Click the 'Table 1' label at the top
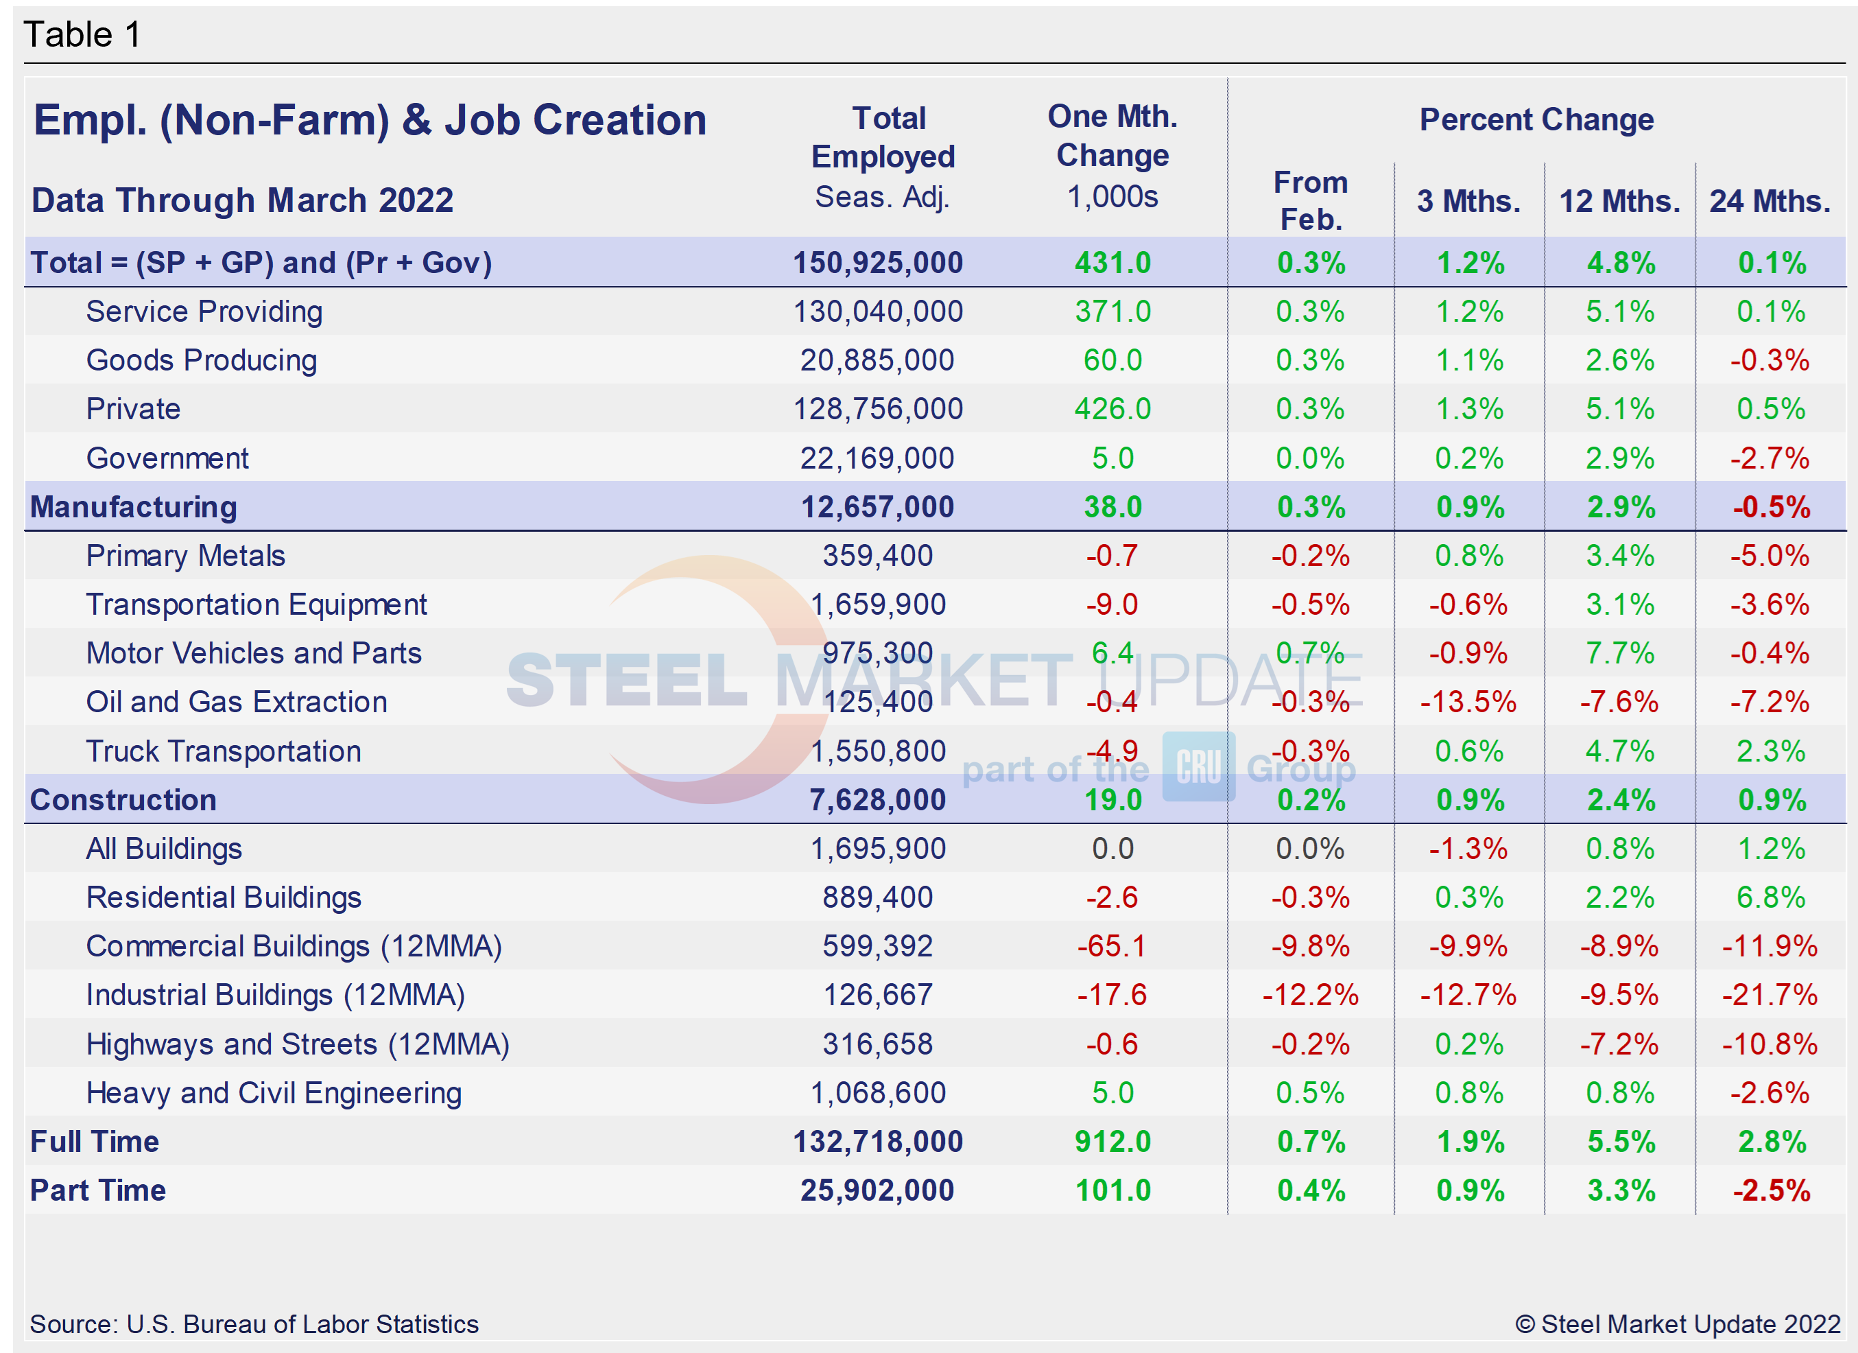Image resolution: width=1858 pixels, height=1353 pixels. [82, 34]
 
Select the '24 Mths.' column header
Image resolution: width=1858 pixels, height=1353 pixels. [1770, 201]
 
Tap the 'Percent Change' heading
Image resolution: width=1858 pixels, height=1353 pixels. [1536, 119]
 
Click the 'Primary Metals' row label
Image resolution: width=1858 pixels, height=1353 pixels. [185, 556]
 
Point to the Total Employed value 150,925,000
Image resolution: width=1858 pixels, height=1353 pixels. [877, 263]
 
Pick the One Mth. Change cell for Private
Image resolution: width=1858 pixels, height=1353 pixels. [1112, 409]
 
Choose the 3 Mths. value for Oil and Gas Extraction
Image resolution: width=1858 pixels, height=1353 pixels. [1468, 703]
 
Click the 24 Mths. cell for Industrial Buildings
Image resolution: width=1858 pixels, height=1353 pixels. [1770, 995]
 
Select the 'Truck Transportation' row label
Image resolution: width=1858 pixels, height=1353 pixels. [223, 751]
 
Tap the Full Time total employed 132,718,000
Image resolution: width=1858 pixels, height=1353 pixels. [877, 1142]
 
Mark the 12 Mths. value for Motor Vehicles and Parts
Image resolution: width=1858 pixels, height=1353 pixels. [1619, 653]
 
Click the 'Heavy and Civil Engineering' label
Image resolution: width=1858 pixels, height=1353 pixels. [274, 1093]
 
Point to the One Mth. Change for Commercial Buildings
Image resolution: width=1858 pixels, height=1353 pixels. [1112, 947]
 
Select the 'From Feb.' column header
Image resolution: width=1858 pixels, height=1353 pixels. [1310, 201]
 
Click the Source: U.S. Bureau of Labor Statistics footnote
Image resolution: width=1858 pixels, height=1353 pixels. [254, 1324]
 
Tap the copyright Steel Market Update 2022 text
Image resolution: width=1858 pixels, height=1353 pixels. [1678, 1324]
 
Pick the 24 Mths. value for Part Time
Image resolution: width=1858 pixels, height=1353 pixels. [1770, 1191]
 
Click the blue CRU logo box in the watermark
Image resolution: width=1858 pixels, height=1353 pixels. [1198, 766]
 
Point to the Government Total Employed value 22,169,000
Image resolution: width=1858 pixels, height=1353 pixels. [877, 458]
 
